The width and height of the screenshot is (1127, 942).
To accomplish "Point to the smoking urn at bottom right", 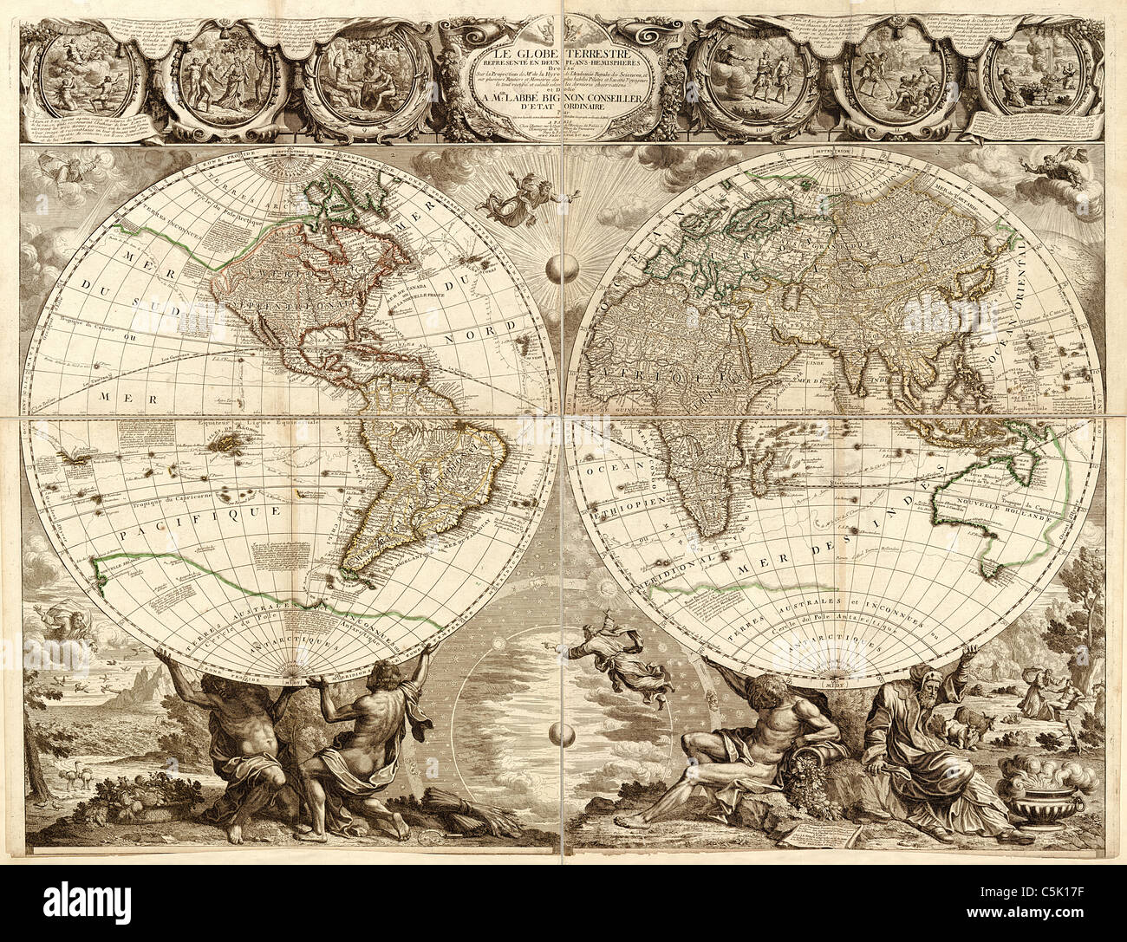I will point(1035,783).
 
